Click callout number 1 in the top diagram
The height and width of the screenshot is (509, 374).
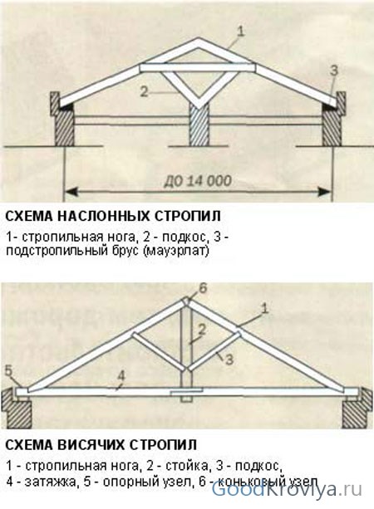(240, 32)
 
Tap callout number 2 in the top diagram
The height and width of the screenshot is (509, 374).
(144, 92)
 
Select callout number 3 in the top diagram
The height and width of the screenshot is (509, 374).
(334, 71)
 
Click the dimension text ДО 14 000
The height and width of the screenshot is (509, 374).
(198, 180)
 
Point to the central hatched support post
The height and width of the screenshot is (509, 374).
(199, 125)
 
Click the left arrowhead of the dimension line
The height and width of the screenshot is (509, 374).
(72, 192)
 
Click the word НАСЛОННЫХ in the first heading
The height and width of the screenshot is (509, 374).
(103, 216)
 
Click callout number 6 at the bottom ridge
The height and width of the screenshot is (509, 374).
(203, 289)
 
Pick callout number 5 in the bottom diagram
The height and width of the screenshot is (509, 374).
(9, 370)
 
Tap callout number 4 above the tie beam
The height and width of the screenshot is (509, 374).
(121, 375)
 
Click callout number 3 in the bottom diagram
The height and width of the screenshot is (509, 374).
(229, 360)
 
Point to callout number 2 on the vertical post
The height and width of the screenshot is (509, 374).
(202, 330)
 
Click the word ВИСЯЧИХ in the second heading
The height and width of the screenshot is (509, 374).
(91, 444)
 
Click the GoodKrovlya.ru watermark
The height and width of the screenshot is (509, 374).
(287, 490)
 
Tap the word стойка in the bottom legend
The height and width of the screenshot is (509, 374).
(186, 466)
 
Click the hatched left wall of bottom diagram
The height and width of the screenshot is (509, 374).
(17, 409)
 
